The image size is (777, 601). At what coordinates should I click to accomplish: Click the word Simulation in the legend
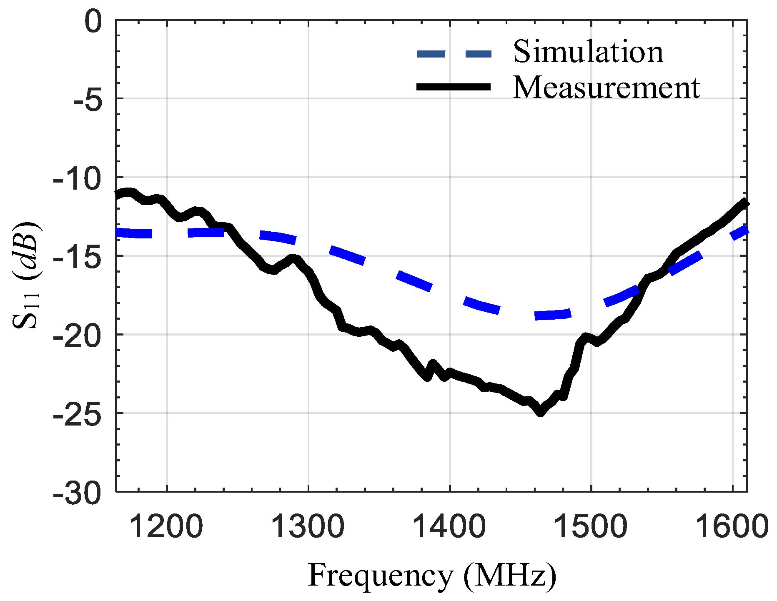(588, 52)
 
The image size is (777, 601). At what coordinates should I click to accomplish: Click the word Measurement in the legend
(606, 88)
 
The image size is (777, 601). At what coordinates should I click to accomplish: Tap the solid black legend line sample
(454, 87)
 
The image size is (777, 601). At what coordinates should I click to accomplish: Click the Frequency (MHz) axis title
(432, 576)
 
